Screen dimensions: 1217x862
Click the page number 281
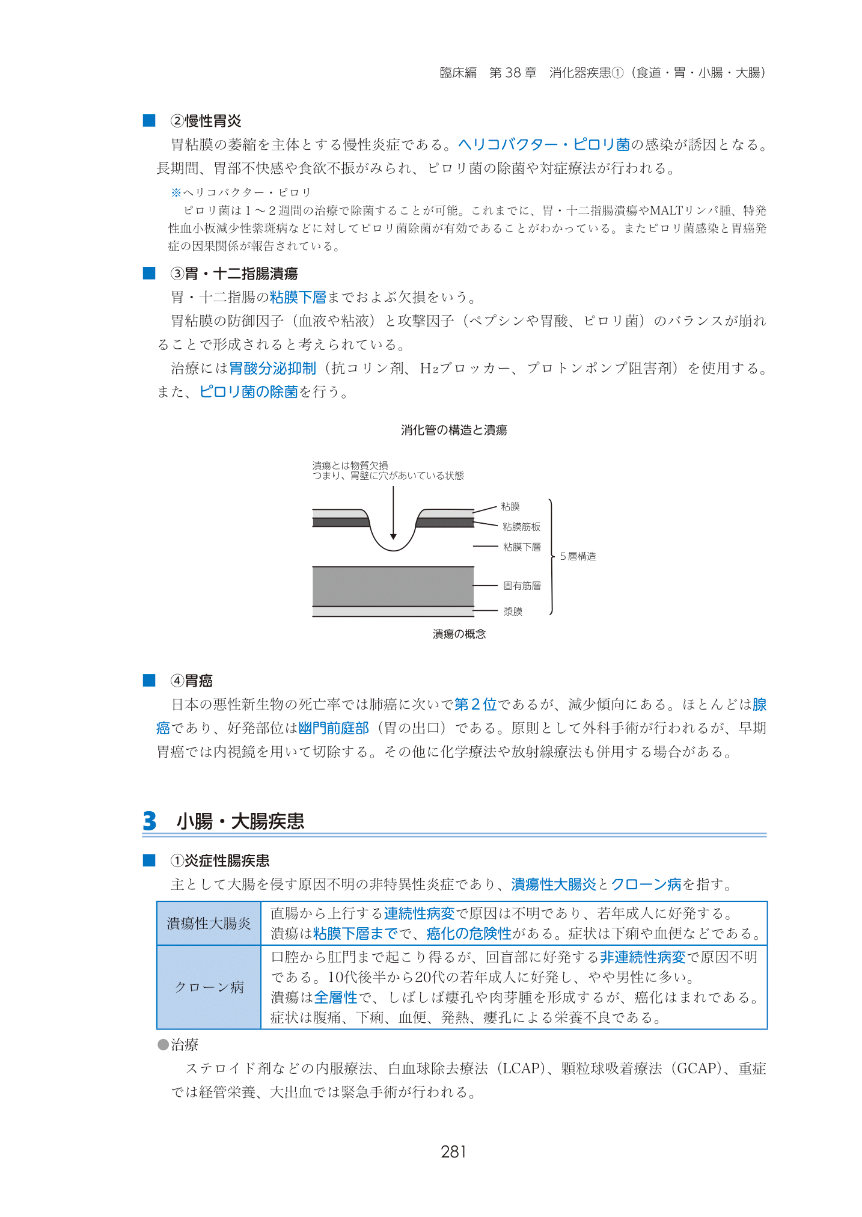pos(453,1151)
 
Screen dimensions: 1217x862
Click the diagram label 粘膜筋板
pos(521,527)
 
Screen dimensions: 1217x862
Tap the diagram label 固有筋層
pos(522,585)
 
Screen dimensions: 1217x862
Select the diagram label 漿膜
pos(513,612)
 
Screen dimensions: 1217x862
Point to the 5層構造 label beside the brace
pos(578,556)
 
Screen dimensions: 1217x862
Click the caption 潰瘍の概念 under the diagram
pos(459,634)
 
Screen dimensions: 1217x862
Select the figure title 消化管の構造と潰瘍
pos(454,430)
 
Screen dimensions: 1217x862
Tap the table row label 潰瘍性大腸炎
pos(209,924)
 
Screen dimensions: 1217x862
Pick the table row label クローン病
pos(209,987)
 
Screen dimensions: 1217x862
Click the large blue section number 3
pos(150,821)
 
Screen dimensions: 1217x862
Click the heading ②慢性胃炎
pos(206,121)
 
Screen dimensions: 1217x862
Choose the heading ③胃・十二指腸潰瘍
pos(234,274)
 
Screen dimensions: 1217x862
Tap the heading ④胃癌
pos(192,681)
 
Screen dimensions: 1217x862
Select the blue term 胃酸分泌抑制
pos(272,368)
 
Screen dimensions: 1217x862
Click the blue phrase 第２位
pos(475,704)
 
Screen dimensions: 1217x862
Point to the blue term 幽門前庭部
pos(334,728)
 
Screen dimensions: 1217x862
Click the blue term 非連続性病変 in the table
pos(643,957)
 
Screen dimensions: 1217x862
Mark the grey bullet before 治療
pos(163,1044)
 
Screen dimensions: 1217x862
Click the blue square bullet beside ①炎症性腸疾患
pos(149,860)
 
